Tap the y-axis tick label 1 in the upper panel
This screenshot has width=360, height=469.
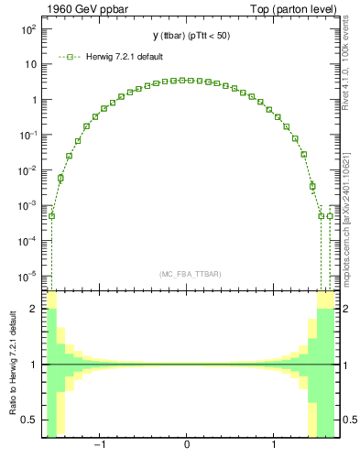point(32,100)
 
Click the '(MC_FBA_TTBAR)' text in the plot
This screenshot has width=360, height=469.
point(187,274)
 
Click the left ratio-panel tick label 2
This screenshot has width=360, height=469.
point(34,309)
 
